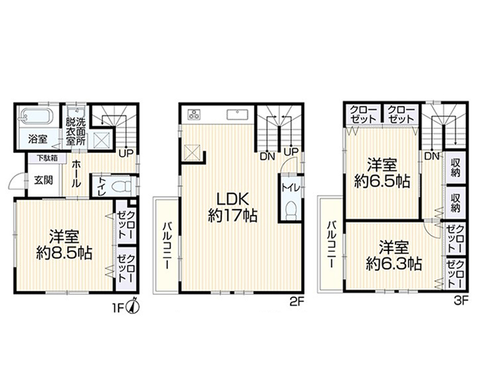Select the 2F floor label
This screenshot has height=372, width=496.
pyautogui.click(x=296, y=303)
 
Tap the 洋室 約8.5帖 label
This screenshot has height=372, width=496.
pyautogui.click(x=64, y=244)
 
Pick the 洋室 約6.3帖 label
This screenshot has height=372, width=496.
pyautogui.click(x=394, y=254)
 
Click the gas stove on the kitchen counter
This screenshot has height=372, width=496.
pyautogui.click(x=193, y=113)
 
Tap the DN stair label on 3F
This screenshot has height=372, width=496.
pyautogui.click(x=433, y=156)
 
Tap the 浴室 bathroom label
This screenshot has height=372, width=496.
pyautogui.click(x=38, y=139)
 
